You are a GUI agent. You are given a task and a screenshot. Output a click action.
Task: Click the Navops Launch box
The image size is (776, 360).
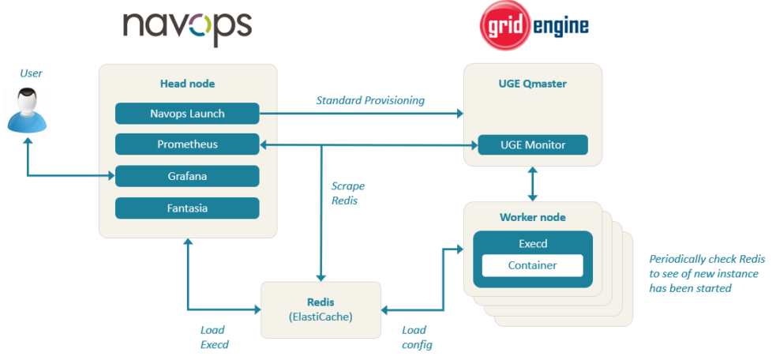pyautogui.click(x=187, y=114)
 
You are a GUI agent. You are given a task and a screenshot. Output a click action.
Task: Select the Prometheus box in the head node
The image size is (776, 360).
pyautogui.click(x=187, y=144)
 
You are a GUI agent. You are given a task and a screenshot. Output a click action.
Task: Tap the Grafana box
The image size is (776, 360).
pyautogui.click(x=187, y=176)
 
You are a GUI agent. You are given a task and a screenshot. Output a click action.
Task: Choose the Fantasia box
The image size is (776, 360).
pyautogui.click(x=187, y=208)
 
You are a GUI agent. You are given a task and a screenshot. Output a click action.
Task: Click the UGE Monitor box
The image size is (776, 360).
pyautogui.click(x=533, y=145)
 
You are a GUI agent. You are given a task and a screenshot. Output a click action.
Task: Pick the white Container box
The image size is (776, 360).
pyautogui.click(x=533, y=265)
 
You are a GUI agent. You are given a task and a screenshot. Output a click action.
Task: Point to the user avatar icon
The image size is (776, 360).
pyautogui.click(x=27, y=111)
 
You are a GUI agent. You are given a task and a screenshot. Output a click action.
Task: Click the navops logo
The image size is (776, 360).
pyautogui.click(x=188, y=28)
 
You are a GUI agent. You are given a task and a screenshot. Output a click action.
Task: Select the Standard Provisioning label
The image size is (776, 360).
pyautogui.click(x=370, y=100)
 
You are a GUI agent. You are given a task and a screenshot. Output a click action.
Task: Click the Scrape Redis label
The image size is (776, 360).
pyautogui.click(x=348, y=193)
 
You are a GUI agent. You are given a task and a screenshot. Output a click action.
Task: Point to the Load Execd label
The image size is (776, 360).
pyautogui.click(x=214, y=337)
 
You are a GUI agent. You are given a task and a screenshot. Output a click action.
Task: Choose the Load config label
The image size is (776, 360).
pyautogui.click(x=417, y=337)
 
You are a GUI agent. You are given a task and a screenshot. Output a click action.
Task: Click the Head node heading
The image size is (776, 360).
pyautogui.click(x=187, y=84)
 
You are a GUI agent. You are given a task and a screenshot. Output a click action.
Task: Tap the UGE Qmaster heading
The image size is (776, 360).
pyautogui.click(x=533, y=83)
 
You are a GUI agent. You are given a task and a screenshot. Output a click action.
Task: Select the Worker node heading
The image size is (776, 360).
pyautogui.click(x=533, y=217)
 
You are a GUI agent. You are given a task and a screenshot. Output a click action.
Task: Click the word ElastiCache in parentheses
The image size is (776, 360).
pyautogui.click(x=321, y=317)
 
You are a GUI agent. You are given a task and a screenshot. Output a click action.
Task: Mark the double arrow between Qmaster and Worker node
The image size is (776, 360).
pyautogui.click(x=533, y=184)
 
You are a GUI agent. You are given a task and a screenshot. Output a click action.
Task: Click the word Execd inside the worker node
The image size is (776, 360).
pyautogui.click(x=533, y=243)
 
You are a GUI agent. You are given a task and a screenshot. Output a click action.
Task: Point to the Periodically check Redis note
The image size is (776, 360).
pyautogui.click(x=707, y=273)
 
